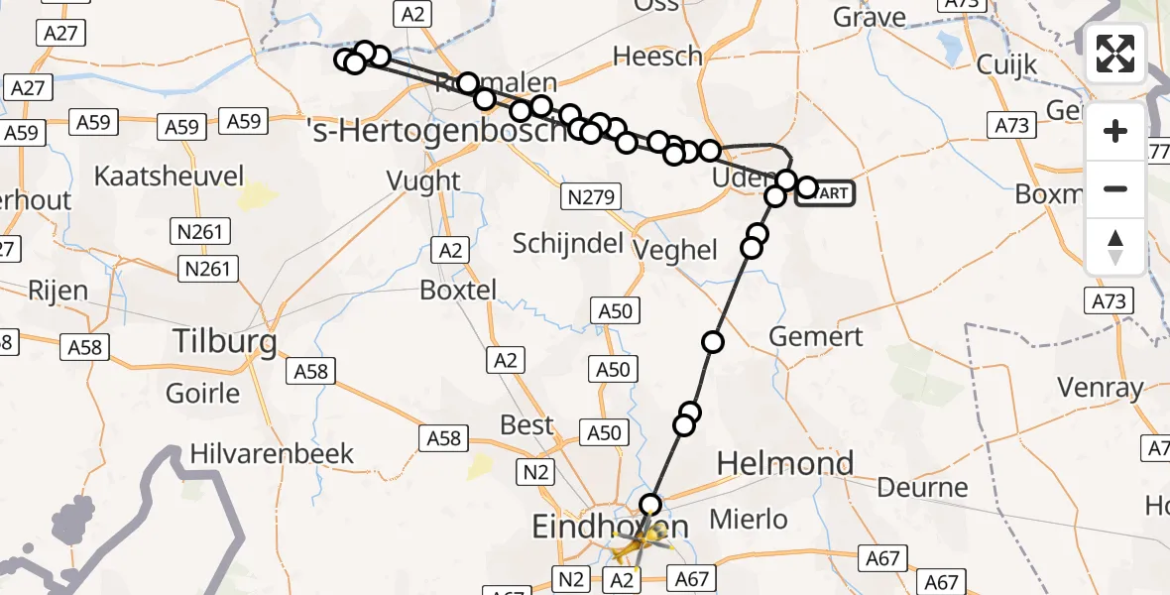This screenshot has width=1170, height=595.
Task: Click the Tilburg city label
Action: [225, 342]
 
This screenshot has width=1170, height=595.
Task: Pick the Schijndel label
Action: [567, 243]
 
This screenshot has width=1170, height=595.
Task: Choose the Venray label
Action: [1101, 387]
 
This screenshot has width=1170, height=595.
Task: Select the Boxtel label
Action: [457, 290]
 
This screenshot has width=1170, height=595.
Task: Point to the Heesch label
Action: [657, 57]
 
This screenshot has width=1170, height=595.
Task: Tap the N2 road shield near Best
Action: [536, 472]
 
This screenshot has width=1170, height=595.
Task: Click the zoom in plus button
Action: [1115, 131]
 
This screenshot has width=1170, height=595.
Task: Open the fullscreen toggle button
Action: [1115, 54]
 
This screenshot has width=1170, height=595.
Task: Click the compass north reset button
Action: [1115, 246]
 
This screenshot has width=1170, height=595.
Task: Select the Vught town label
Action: [425, 180]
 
